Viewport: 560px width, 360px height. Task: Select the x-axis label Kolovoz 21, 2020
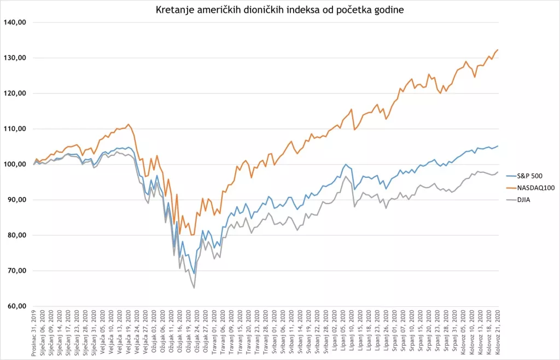click(498, 334)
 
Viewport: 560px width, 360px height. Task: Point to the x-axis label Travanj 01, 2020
click(215, 334)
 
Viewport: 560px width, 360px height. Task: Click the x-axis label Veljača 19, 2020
click(129, 334)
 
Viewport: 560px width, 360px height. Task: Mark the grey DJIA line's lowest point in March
click(194, 288)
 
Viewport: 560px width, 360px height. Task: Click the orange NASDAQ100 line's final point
click(498, 50)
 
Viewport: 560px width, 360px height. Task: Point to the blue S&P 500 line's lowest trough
click(194, 273)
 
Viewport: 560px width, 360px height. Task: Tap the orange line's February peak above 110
click(129, 124)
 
